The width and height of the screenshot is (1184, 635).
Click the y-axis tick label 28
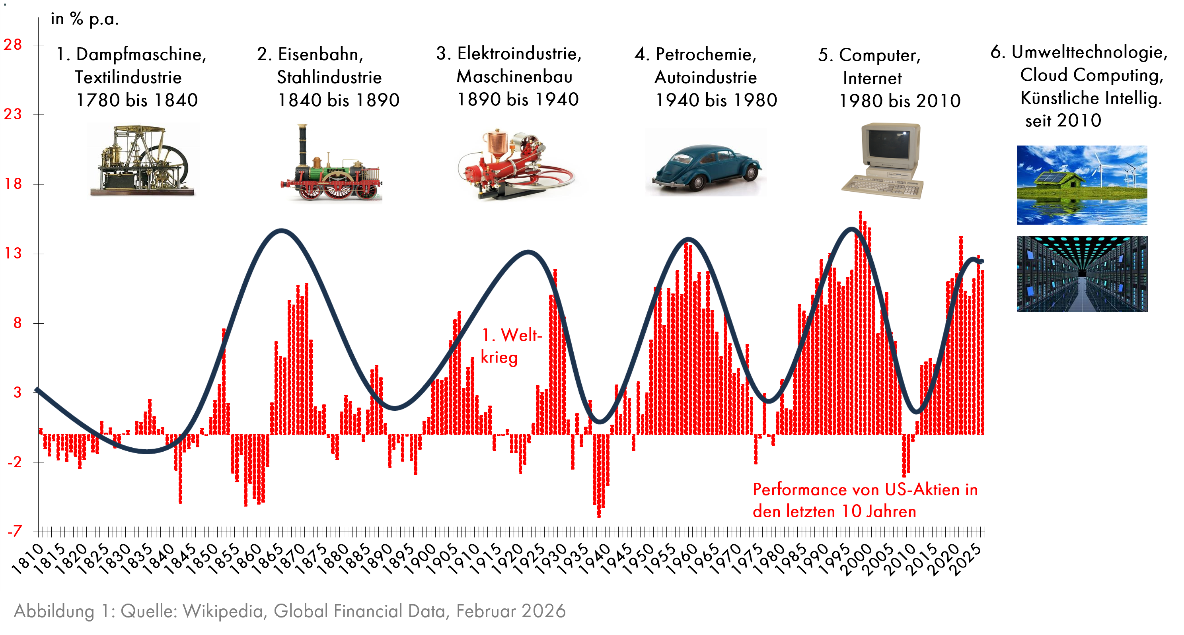tap(13, 45)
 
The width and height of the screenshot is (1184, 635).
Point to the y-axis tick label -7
tap(14, 531)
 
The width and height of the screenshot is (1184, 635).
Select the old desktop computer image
tap(882, 161)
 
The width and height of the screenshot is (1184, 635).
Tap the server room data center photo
tap(1082, 274)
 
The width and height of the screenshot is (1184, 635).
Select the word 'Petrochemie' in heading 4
tap(705, 54)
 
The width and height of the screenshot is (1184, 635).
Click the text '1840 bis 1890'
tap(339, 100)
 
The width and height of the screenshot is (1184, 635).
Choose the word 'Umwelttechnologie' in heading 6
tap(1089, 52)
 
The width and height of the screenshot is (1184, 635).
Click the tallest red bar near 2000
tap(860, 322)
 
